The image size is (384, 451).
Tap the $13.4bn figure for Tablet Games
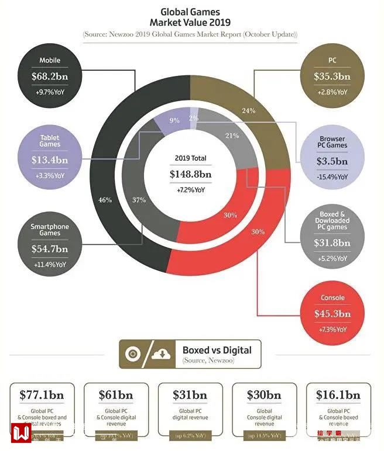tap(50, 160)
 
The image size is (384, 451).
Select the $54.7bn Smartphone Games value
tap(50, 249)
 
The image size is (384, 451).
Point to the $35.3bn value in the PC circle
tap(332, 77)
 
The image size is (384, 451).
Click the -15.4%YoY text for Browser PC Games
tap(332, 176)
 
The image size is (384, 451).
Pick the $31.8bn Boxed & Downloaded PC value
tap(332, 243)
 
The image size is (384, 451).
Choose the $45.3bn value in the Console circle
tap(332, 314)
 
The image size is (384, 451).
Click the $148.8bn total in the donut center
tap(190, 174)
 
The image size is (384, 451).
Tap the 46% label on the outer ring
tap(105, 200)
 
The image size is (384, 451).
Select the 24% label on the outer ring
tap(249, 110)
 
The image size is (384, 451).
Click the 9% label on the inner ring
tap(174, 121)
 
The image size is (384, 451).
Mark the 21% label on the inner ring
tap(232, 136)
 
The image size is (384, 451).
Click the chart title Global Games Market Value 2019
tap(190, 17)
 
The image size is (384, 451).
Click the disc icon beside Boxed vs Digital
tap(133, 354)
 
